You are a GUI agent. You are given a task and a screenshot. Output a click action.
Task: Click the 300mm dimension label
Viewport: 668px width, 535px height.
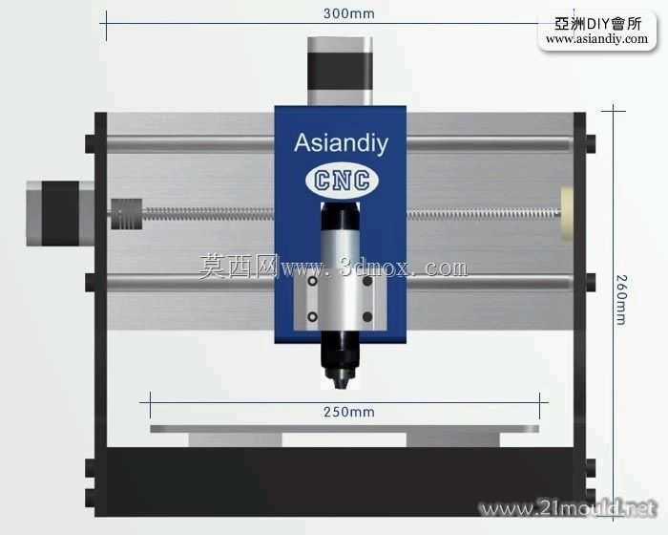(349, 13)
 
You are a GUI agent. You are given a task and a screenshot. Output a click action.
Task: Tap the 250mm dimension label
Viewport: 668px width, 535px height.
(349, 412)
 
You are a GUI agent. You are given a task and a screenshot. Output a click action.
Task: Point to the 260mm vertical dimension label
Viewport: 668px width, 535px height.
(621, 300)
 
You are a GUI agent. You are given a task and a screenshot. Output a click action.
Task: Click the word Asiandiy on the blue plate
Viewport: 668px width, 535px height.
(341, 143)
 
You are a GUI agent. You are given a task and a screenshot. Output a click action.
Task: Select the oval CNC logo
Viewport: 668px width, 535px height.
(342, 180)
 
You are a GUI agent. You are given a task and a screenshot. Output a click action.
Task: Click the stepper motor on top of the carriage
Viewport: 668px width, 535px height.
(340, 71)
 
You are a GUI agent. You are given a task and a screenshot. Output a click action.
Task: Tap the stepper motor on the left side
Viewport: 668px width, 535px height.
(60, 213)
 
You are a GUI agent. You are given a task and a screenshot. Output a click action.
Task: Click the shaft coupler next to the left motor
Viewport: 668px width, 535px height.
(127, 214)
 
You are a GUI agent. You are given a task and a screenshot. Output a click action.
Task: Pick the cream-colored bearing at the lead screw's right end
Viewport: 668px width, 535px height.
(567, 213)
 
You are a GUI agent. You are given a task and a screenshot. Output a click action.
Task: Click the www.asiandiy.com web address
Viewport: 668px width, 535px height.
(596, 39)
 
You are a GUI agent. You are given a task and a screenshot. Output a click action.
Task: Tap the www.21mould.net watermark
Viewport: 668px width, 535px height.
(568, 508)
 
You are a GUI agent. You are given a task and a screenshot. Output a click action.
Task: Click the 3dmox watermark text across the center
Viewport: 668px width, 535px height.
(333, 267)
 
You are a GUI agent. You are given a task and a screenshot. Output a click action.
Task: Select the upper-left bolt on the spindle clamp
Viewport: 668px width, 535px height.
(312, 281)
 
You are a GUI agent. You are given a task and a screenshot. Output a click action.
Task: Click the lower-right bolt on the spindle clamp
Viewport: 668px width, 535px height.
(367, 317)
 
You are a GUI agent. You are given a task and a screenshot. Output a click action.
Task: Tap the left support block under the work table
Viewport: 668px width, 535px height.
(235, 439)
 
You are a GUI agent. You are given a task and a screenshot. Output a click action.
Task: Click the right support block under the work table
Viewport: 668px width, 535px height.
(453, 439)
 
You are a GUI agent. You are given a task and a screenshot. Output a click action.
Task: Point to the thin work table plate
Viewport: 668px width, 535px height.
(344, 429)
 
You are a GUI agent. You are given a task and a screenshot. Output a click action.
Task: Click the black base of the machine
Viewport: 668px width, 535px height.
(340, 482)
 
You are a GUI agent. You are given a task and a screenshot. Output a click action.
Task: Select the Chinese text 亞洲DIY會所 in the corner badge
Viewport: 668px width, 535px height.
(597, 24)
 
